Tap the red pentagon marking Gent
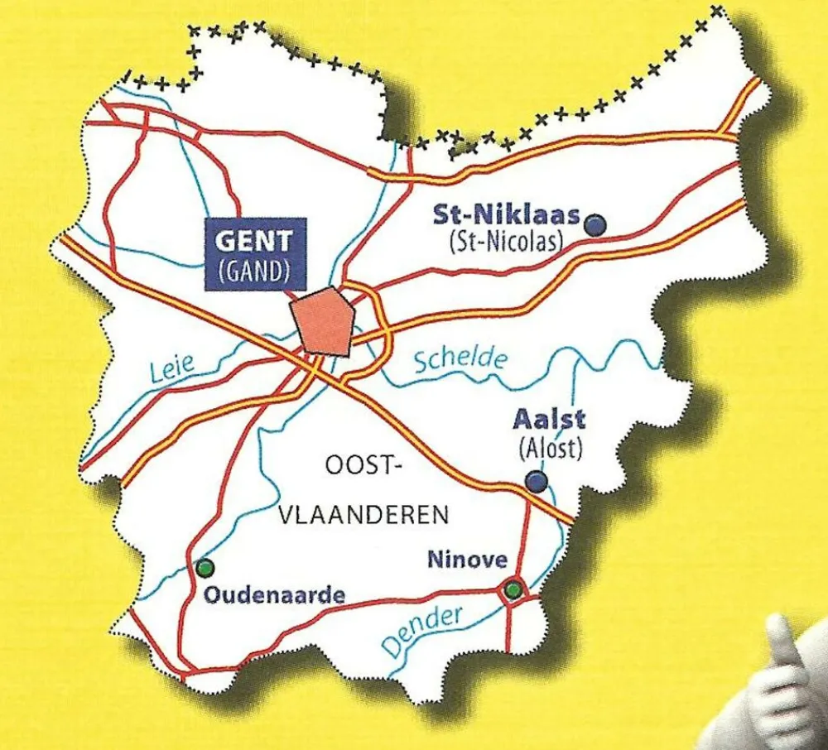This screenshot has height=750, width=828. [x=323, y=321]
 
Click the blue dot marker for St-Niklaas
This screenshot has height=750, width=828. [x=595, y=224]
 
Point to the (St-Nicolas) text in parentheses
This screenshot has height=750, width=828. [x=506, y=243]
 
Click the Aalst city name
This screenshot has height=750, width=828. [x=549, y=418]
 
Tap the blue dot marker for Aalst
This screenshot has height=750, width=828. [x=537, y=481]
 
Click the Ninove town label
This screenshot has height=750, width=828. [x=467, y=560]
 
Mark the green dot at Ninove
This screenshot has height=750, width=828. [x=513, y=589]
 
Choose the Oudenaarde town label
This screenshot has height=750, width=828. [x=273, y=594]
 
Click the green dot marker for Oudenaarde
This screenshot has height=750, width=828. [x=205, y=568]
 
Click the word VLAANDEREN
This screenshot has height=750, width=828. [x=365, y=515]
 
